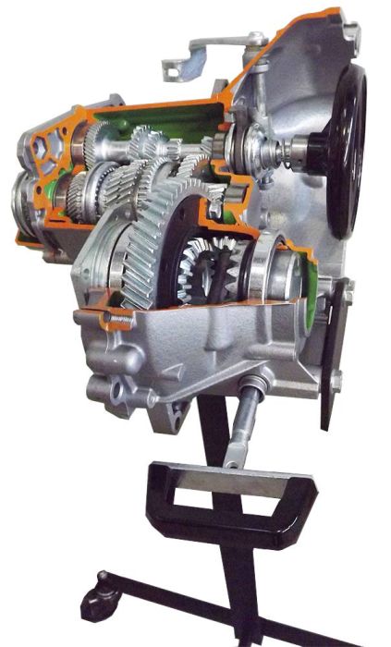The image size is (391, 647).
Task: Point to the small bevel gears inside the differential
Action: click(209, 262)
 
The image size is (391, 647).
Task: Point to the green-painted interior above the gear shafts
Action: click(185, 120)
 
